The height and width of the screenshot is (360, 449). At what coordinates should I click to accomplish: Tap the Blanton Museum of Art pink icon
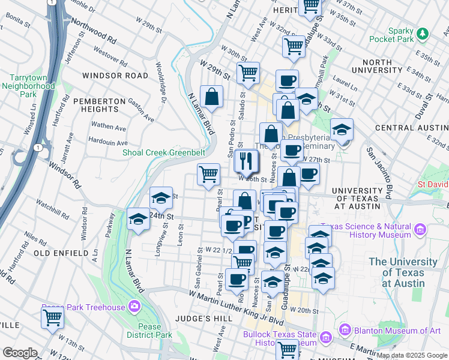345,329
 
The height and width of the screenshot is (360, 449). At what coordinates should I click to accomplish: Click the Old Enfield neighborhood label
61,254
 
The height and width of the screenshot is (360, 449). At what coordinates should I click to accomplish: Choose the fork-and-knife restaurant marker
246,160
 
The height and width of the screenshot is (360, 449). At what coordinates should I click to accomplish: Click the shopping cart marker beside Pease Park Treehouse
52,317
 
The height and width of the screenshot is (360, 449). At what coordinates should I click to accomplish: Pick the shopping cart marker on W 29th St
248,73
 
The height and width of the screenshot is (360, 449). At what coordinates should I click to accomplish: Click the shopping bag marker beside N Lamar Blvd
212,97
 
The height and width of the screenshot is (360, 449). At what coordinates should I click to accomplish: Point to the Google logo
20,352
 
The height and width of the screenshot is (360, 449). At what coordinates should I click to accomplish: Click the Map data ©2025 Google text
412,355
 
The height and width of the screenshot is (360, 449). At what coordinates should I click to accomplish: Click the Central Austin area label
411,128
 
